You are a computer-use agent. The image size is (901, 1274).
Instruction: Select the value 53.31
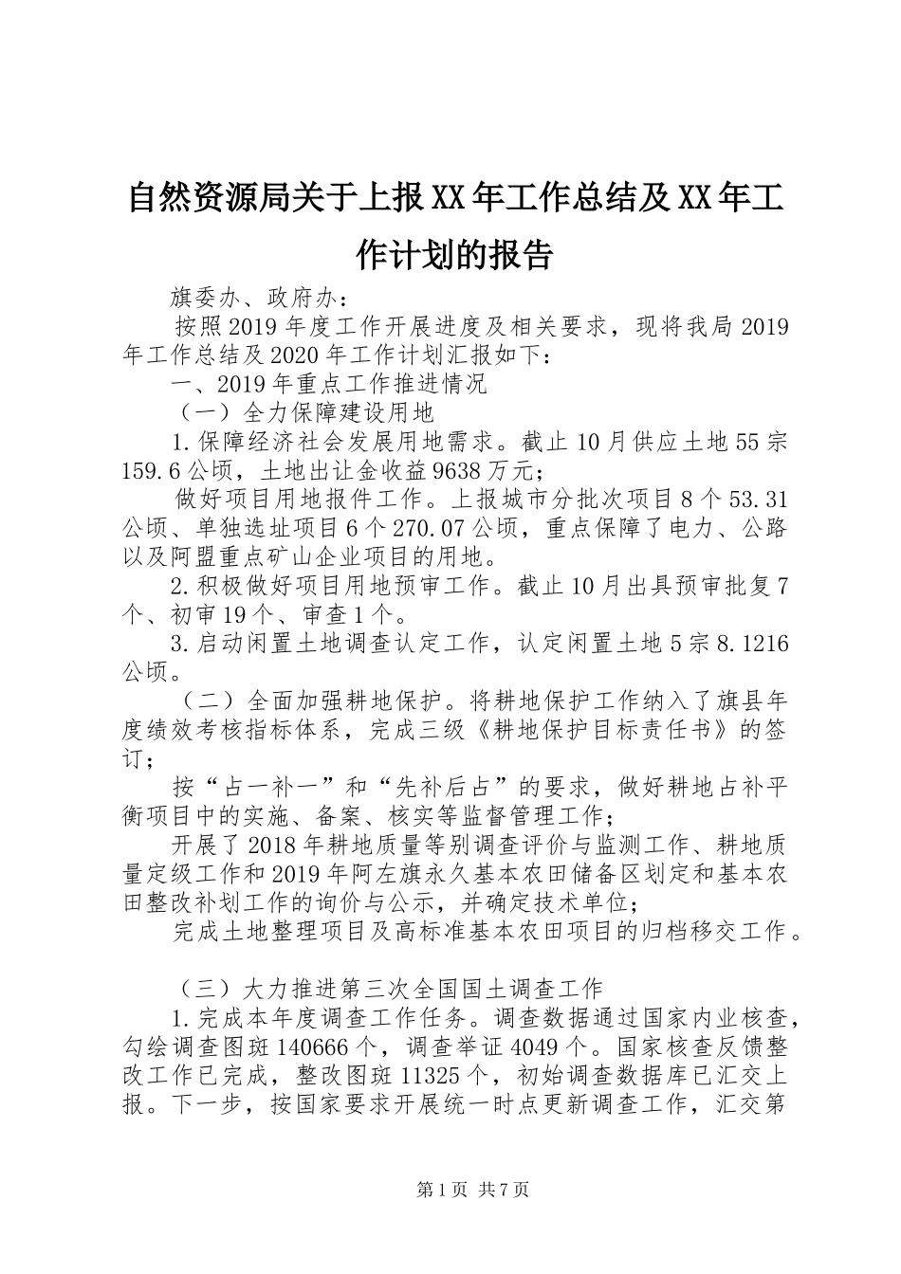coord(756,499)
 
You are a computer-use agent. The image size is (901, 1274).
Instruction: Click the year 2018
coord(273,845)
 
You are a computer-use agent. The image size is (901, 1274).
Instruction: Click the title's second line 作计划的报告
coord(453,254)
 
